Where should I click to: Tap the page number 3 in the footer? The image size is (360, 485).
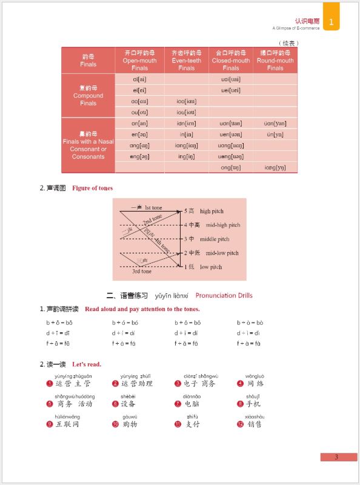tap(336, 457)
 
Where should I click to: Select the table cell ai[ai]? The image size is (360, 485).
tap(139, 79)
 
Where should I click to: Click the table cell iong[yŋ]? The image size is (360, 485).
tap(275, 167)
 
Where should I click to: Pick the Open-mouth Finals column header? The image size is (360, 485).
tap(139, 60)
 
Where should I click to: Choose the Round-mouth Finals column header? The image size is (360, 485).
tap(275, 60)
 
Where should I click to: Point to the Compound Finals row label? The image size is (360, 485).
tap(88, 95)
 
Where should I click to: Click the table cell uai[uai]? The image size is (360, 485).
tap(231, 79)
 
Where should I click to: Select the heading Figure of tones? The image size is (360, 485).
tap(92, 188)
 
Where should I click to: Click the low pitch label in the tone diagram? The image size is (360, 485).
tap(210, 267)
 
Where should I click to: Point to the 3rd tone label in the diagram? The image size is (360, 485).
tap(142, 272)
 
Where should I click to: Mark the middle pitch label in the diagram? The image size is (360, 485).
tap(215, 239)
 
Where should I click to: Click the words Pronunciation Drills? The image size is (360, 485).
tap(224, 295)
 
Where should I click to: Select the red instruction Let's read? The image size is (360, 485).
tap(87, 364)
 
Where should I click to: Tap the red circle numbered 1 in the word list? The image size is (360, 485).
tap(50, 384)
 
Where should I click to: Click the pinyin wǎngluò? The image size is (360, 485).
tap(255, 376)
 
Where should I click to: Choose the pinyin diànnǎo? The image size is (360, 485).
tap(192, 396)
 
